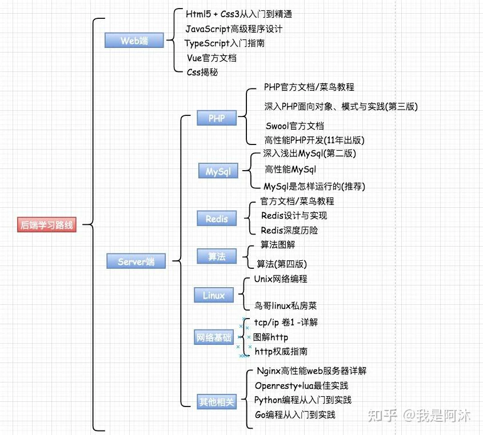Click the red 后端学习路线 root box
46,224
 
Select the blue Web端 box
134,41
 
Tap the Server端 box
136,261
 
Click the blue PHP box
217,118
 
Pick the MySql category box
218,171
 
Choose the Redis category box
217,219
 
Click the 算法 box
217,256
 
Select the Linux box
214,295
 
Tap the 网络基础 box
214,337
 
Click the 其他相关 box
217,401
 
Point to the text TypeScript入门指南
225,43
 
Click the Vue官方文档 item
211,58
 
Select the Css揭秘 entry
202,72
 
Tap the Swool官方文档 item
295,126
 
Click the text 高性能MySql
290,170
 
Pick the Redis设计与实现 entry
294,216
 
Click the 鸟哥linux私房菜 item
285,305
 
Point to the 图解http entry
270,337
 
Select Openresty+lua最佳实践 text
302,386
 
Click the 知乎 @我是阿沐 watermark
419,416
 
